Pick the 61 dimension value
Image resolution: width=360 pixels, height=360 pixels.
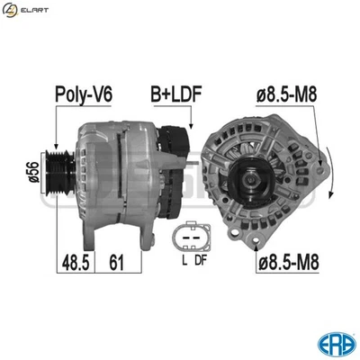[115, 263]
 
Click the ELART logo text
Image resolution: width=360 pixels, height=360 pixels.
[37, 11]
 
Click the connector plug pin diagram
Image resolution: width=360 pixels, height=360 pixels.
[192, 236]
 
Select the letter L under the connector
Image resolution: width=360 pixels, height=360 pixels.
[183, 261]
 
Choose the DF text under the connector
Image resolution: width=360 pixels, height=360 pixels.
[201, 261]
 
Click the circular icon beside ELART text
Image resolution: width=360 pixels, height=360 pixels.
[11, 11]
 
